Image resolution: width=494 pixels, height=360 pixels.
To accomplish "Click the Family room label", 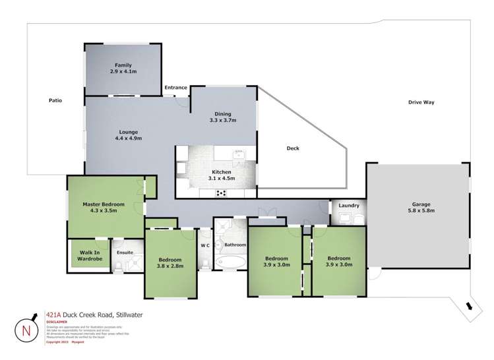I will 122,68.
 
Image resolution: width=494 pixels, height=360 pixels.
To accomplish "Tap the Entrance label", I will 176,88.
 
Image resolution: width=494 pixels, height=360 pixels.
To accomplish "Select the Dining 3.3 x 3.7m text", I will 222,117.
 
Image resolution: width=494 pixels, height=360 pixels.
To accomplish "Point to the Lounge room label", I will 129,135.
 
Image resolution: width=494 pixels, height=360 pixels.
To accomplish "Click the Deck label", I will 293,148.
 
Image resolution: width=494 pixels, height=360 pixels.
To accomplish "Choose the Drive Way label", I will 421,102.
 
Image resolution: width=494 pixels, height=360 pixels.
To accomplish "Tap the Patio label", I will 55,100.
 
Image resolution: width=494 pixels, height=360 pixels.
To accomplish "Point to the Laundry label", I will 349,206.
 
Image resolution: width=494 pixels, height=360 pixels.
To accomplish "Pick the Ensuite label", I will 125,252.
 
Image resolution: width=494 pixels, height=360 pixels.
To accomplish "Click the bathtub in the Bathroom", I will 230,264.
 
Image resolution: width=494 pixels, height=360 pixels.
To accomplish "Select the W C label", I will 205,245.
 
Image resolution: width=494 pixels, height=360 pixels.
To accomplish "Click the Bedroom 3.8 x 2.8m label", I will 170,262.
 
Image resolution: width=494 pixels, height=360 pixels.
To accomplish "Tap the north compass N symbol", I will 26,330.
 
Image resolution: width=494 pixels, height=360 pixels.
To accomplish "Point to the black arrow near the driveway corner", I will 468,305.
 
